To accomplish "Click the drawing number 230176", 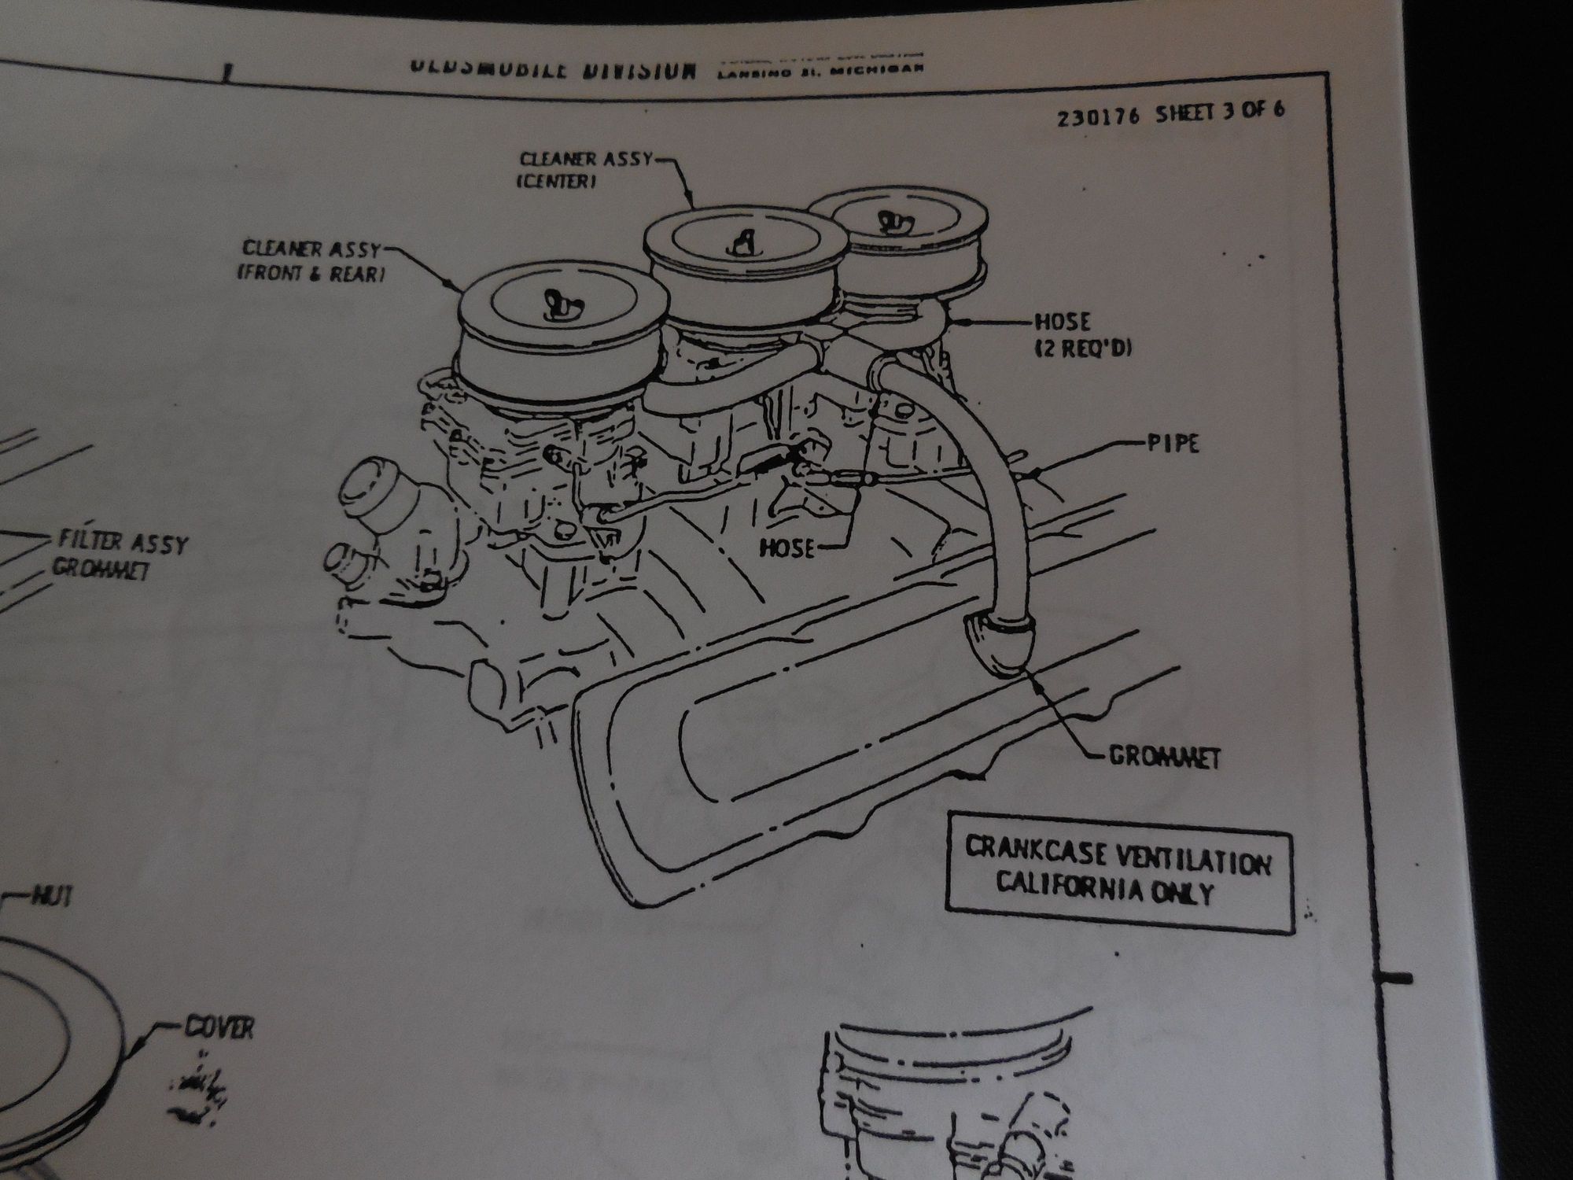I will (1099, 117).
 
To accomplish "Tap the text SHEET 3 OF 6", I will (1220, 111).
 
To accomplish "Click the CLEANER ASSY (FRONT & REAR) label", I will (311, 261).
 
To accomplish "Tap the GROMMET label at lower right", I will (1164, 757).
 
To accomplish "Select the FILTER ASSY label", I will (123, 542).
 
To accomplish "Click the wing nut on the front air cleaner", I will (555, 303).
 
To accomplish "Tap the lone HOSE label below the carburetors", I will (787, 548).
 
